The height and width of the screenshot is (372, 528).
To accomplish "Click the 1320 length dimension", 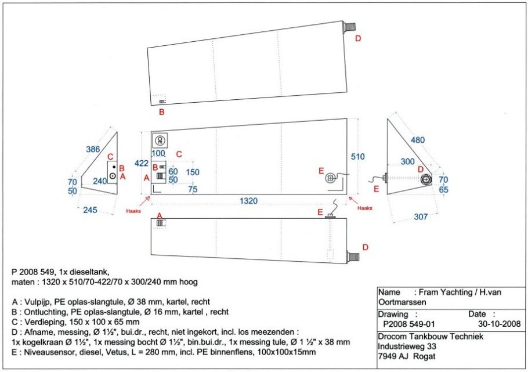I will tap(249, 201).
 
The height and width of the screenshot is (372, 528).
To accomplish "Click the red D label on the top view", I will tap(358, 38).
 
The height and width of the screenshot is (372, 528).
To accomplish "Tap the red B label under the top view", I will tap(162, 111).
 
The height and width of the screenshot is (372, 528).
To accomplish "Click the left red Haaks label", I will tap(133, 212).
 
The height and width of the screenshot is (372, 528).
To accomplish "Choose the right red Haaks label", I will tap(365, 208).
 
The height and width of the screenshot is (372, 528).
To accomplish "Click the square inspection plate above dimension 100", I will tap(160, 140).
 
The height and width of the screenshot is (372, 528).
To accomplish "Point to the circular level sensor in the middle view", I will tap(331, 178).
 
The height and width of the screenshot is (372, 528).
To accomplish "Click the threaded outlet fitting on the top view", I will tap(349, 27).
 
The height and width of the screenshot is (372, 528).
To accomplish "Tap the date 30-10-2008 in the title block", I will tap(502, 324).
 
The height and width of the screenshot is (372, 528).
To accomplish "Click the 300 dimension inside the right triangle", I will tap(408, 161).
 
